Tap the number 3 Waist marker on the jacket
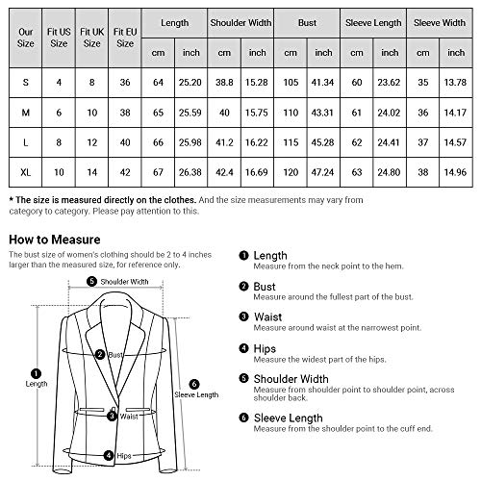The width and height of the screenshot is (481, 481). [114, 416]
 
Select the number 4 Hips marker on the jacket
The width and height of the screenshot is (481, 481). [110, 455]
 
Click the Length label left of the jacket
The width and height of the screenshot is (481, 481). [35, 383]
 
